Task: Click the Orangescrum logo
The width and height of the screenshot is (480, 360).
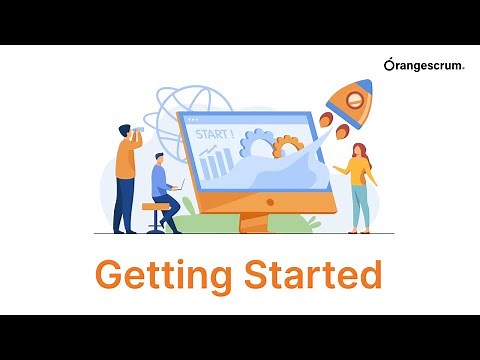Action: click(x=424, y=65)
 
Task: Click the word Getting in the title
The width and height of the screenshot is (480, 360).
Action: click(x=165, y=274)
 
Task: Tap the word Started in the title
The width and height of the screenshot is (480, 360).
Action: click(x=310, y=273)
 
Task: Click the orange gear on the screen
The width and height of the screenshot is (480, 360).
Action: click(x=288, y=146)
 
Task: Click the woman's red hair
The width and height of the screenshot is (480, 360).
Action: click(x=362, y=153)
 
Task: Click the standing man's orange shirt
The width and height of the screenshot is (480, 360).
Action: click(x=125, y=158)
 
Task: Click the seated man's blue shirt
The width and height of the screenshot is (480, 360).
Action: click(x=159, y=181)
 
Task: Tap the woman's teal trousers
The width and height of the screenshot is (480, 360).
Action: click(x=360, y=206)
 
